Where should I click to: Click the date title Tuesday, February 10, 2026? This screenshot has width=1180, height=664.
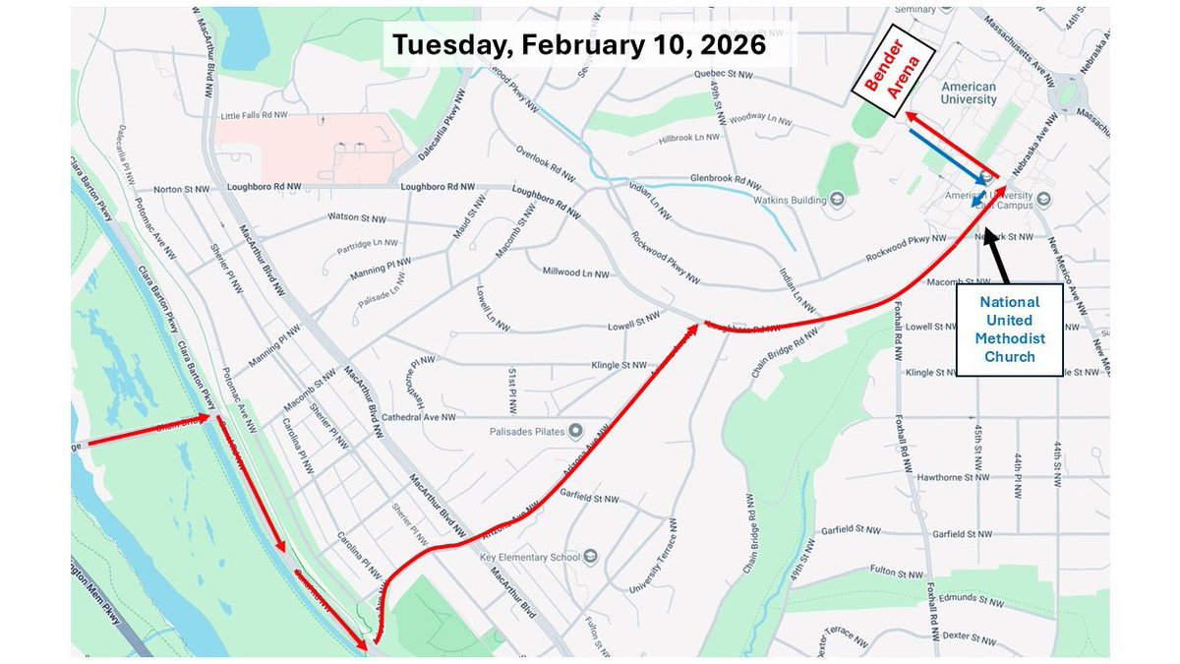pos(579,45)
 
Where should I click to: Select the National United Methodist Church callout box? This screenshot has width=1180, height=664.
pos(1010,330)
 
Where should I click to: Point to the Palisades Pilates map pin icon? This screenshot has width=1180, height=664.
pos(576,431)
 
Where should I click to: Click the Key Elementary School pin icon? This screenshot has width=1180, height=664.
pos(589,557)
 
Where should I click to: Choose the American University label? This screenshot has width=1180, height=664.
pos(968,92)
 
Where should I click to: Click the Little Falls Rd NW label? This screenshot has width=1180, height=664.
pos(254,115)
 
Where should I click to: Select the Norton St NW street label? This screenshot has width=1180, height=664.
pos(182,189)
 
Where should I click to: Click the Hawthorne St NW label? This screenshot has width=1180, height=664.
pos(965,476)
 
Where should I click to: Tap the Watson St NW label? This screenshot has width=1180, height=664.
pos(355,216)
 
